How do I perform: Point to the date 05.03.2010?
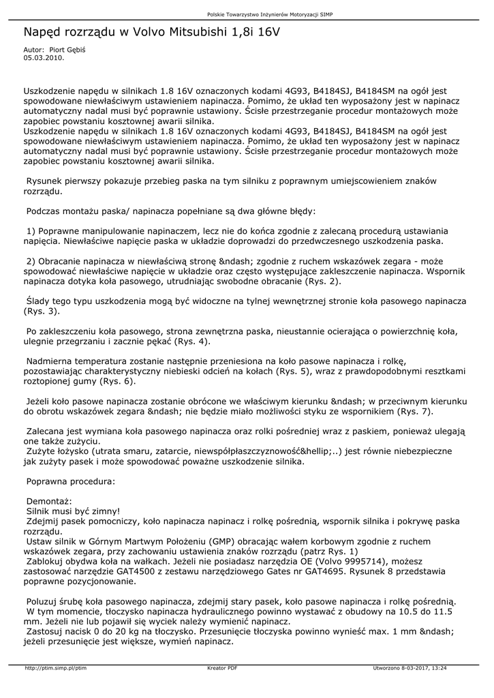pyautogui.click(x=44, y=58)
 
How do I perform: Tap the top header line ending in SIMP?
pyautogui.click(x=279, y=14)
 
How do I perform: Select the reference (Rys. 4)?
pyautogui.click(x=193, y=341)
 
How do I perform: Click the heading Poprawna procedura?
pyautogui.click(x=70, y=481)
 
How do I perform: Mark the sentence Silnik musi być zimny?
pyautogui.click(x=73, y=511)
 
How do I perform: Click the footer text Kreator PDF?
pyautogui.click(x=222, y=669)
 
